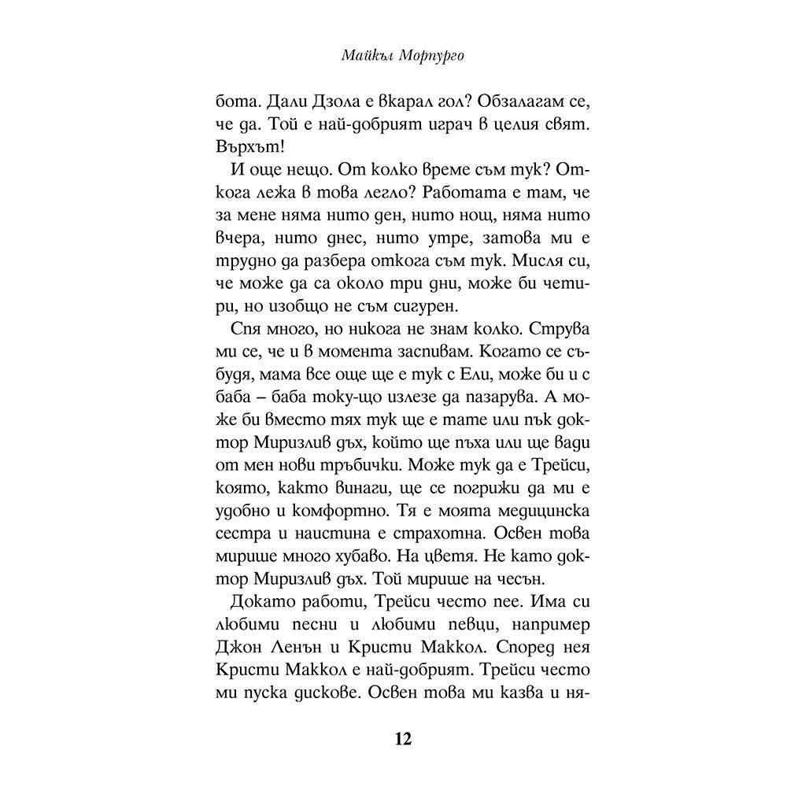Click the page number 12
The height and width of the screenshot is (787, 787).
click(401, 739)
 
